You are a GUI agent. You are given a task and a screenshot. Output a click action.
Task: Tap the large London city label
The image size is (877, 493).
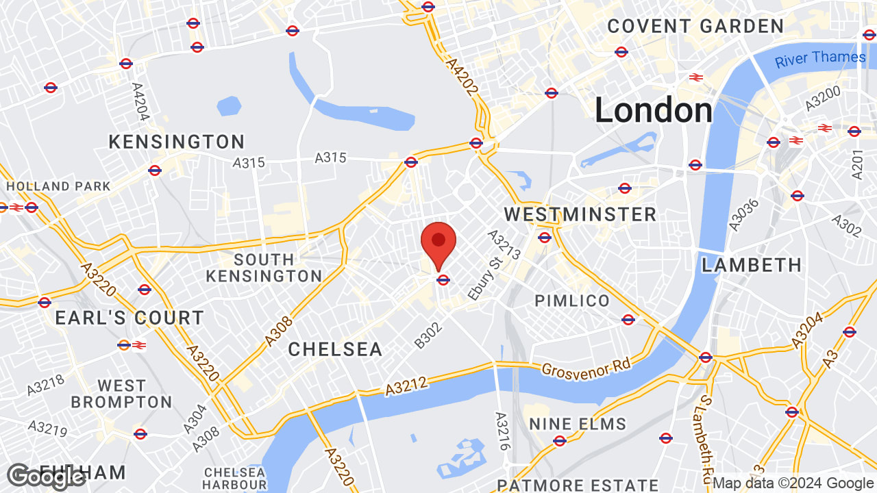tap(653, 111)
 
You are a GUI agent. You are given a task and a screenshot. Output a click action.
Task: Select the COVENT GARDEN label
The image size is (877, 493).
tap(695, 27)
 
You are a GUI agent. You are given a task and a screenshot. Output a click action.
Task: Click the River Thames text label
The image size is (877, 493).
tap(820, 58)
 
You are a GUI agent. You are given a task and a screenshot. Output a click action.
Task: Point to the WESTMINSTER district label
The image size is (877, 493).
tap(580, 214)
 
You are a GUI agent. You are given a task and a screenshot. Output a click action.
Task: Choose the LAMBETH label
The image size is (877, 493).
tap(752, 265)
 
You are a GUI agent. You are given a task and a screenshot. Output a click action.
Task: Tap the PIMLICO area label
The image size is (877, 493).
tap(572, 301)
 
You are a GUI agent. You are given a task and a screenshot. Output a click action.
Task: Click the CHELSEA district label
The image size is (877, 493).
tap(335, 349)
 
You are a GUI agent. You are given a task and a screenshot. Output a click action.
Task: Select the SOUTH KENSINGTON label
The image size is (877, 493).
tap(264, 268)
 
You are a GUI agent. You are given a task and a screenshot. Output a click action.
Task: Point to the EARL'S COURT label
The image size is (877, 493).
tap(129, 318)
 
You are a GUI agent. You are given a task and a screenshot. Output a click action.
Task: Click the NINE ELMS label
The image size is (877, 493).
tap(578, 425)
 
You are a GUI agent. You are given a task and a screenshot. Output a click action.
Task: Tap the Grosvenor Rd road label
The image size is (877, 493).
tap(586, 367)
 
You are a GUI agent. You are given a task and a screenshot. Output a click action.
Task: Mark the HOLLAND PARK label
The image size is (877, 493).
tap(58, 186)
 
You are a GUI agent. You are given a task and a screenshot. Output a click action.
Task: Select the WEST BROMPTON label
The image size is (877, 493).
tap(121, 394)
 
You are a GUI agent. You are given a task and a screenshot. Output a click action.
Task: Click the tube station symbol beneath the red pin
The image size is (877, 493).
tap(443, 279)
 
